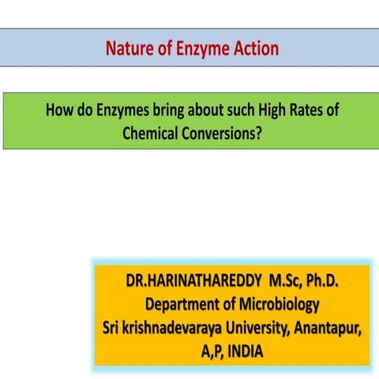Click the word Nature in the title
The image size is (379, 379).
tap(129, 49)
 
